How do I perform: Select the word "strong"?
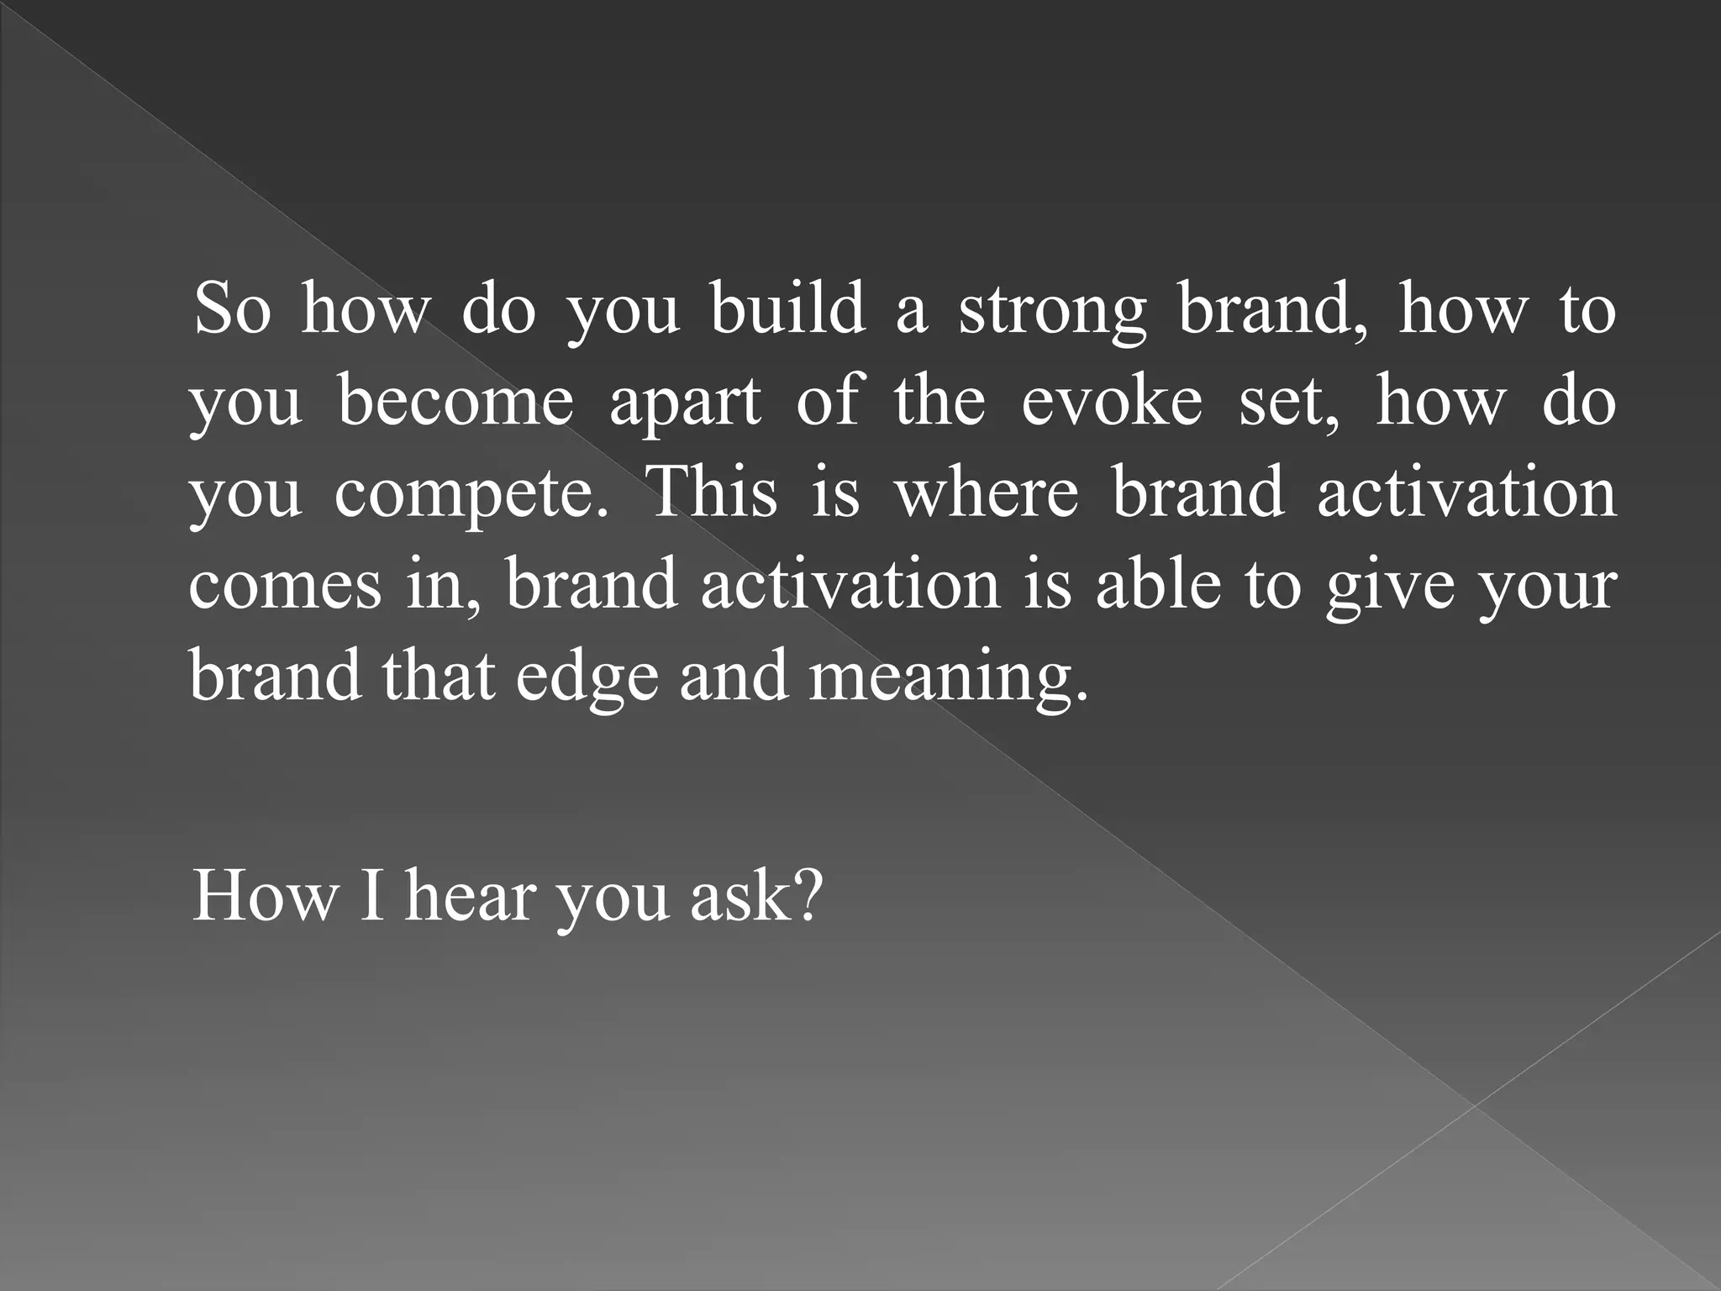(1052, 311)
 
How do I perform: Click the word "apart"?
(685, 403)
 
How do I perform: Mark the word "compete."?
(471, 494)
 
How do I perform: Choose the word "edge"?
(587, 677)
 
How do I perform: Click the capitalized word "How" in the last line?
(264, 896)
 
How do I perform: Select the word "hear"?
(469, 896)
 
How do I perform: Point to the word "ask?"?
(753, 896)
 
